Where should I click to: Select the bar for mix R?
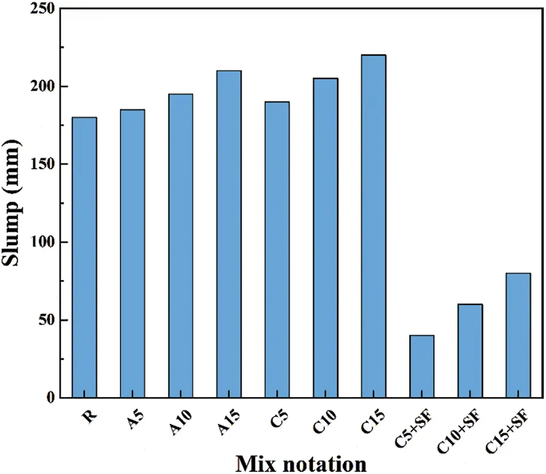[84, 257]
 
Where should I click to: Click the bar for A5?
[132, 254]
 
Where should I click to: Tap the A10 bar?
[180, 246]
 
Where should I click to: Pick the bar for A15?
[229, 234]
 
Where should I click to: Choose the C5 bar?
[277, 249]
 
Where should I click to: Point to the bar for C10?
[325, 238]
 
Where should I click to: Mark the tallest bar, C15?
[373, 226]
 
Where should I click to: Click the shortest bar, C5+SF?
[422, 366]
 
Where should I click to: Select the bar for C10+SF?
[470, 351]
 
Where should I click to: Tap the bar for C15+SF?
[518, 335]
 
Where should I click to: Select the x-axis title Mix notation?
[301, 463]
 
